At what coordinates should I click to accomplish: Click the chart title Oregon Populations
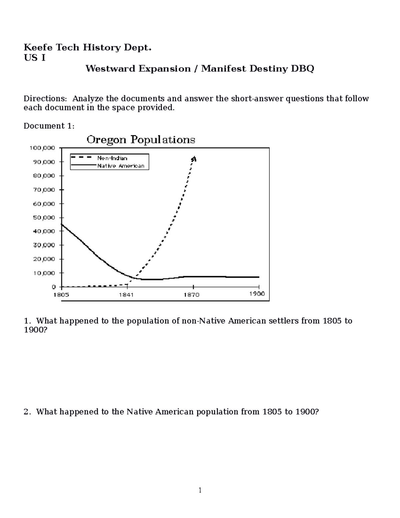click(141, 140)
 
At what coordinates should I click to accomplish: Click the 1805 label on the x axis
click(61, 295)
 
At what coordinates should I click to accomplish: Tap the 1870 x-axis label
click(191, 295)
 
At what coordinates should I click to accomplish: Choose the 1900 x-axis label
click(257, 294)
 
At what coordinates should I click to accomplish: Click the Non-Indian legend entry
click(112, 158)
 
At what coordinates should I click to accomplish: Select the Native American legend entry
click(121, 166)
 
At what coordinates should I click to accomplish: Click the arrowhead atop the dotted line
click(194, 159)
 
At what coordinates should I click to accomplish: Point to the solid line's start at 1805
click(62, 224)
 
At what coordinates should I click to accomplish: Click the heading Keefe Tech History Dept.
click(87, 48)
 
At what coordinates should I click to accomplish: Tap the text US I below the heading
click(34, 58)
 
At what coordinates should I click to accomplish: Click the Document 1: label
click(49, 126)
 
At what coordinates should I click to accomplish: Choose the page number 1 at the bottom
click(200, 490)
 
